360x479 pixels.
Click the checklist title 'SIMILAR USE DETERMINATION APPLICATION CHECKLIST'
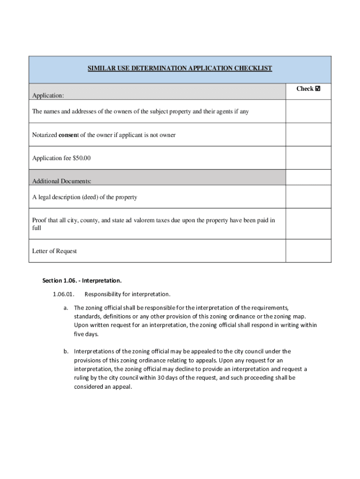tap(180, 68)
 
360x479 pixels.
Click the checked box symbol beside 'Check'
tap(318, 89)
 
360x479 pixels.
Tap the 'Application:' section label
tap(48, 95)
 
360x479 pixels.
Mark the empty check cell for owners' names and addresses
tap(308, 112)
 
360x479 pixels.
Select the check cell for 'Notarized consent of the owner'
tap(308, 135)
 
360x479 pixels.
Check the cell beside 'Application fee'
tap(308, 158)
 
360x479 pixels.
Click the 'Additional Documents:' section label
tap(62, 181)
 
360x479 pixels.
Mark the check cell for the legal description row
tap(308, 197)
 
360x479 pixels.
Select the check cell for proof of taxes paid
tap(308, 224)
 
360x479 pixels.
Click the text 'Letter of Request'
tap(54, 251)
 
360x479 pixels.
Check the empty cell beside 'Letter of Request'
tap(308, 251)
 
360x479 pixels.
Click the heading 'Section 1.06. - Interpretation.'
tap(82, 281)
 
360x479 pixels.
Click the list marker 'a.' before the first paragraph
tap(66, 308)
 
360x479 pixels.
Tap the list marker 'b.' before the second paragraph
tap(66, 351)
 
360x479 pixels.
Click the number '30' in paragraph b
tap(160, 378)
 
